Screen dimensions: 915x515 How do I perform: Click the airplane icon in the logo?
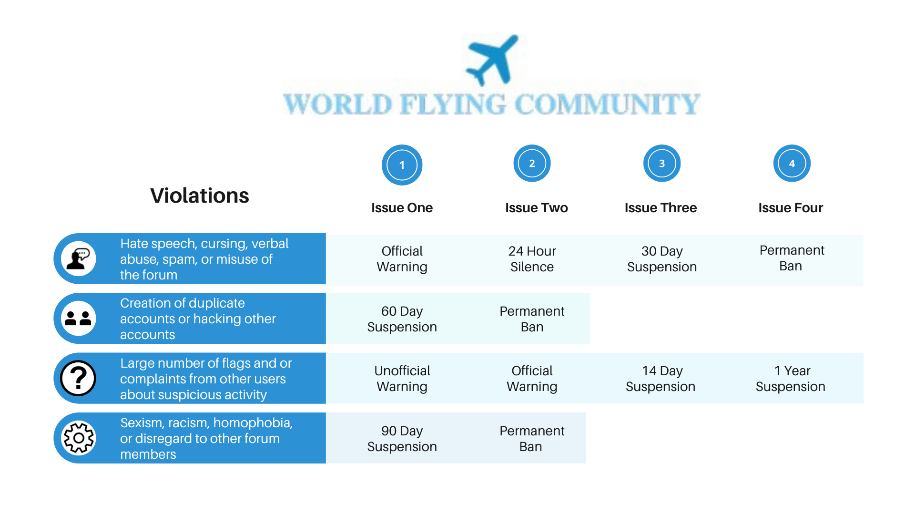492,60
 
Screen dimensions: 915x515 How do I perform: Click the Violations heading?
200,196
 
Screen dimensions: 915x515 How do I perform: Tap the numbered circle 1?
402,165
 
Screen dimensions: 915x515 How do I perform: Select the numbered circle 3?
662,164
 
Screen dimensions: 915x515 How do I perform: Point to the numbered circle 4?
792,164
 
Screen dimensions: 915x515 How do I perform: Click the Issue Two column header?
537,208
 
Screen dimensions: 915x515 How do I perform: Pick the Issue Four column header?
791,208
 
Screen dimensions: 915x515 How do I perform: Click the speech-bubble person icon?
79,259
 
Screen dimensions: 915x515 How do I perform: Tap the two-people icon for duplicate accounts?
79,319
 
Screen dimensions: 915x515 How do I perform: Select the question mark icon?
79,379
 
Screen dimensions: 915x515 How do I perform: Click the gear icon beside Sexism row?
79,438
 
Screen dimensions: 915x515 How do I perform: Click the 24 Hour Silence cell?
532,259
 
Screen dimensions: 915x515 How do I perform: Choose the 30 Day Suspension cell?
662,259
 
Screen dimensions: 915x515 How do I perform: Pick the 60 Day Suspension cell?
402,319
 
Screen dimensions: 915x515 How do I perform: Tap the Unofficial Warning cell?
402,379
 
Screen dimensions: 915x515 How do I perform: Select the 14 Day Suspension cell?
661,379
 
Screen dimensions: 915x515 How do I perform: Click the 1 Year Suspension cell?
791,379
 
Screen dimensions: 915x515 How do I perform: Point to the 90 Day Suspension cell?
402,439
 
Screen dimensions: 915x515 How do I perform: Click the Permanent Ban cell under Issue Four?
792,258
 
